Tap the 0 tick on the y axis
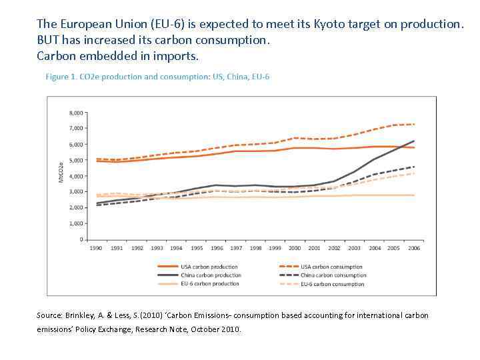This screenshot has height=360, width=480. click(81, 239)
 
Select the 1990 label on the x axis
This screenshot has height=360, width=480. click(96, 248)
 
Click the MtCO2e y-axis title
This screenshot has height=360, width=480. click(61, 172)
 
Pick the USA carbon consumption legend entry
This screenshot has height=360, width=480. click(331, 267)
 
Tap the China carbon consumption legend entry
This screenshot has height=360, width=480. click(333, 275)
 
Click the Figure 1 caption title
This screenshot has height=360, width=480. click(157, 77)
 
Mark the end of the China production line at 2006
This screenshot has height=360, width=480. click(414, 141)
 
